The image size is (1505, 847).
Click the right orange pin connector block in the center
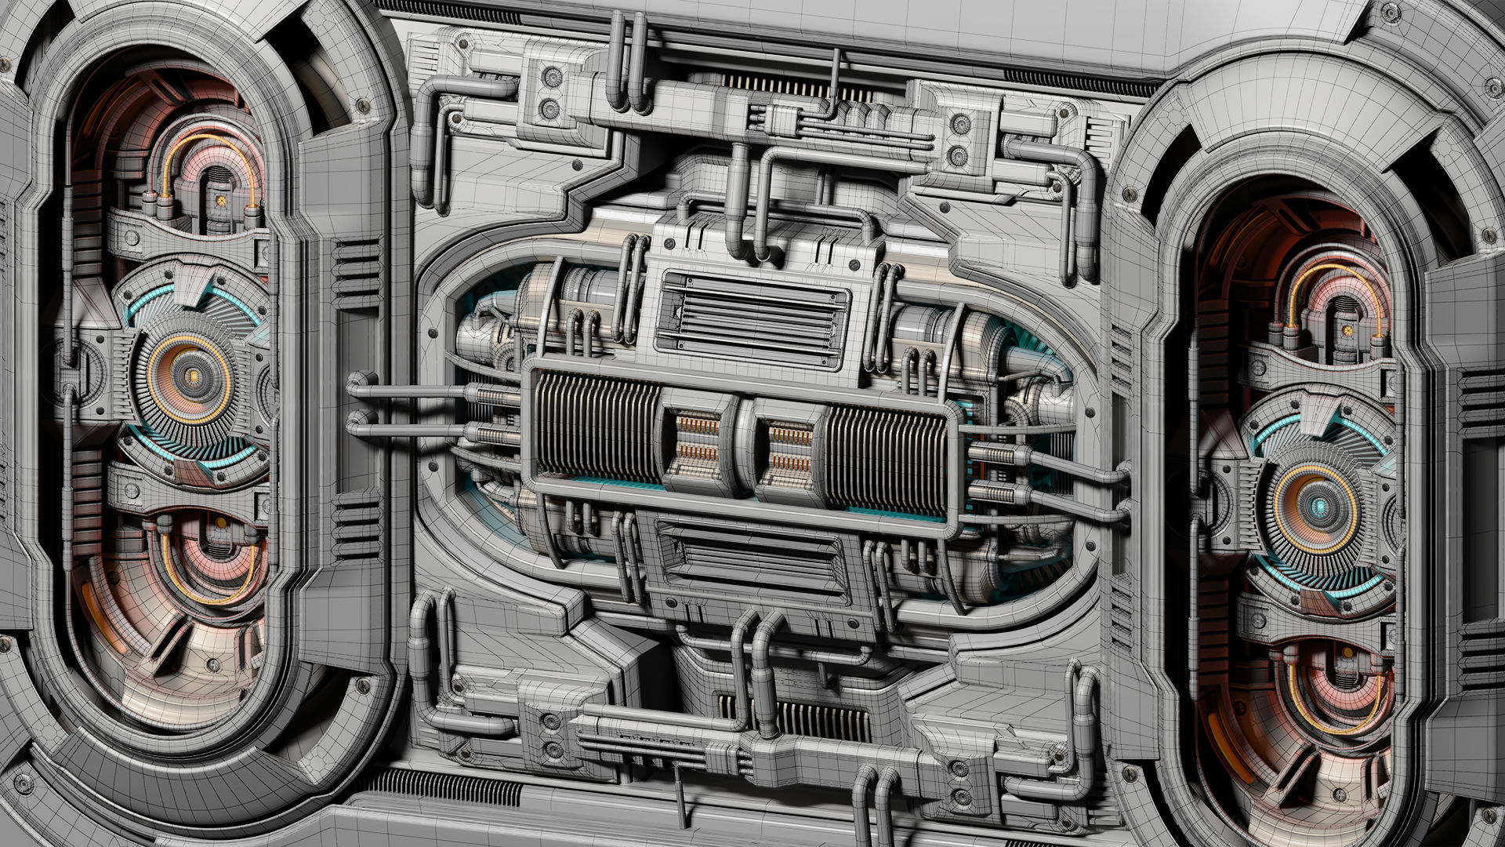click(789, 445)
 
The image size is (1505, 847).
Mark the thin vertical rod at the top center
click(836, 75)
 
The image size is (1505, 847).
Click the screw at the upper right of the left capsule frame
click(362, 105)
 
